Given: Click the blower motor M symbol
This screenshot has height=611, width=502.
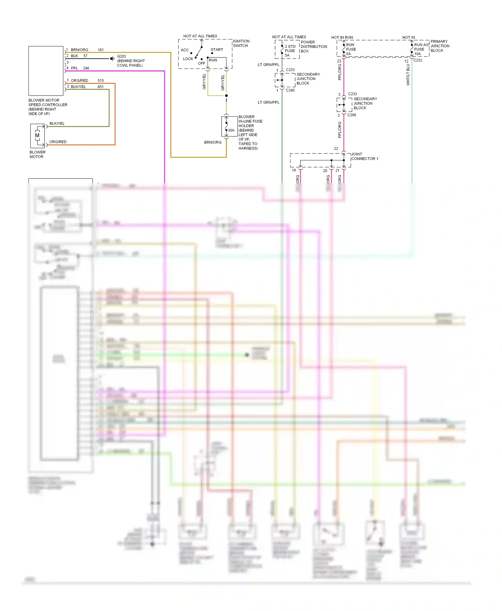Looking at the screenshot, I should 37,135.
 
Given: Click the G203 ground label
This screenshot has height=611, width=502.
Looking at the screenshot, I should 121,56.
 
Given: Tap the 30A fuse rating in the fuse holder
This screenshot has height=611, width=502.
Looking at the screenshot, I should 231,130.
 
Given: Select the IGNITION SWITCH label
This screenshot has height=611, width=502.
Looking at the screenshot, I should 241,43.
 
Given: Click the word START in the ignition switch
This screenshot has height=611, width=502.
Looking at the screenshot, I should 217,49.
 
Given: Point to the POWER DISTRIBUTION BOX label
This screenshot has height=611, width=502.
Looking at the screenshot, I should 314,46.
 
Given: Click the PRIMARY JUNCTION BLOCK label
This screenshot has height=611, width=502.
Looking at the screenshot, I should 440,46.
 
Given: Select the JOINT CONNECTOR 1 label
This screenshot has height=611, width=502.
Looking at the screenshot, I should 364,156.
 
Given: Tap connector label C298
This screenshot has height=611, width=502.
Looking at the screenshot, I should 351,115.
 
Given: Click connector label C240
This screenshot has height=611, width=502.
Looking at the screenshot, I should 290,90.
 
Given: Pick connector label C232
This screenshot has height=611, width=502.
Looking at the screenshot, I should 418,60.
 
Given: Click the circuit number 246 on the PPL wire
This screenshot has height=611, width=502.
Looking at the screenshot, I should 86,68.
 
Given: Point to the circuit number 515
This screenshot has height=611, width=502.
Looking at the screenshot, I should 100,81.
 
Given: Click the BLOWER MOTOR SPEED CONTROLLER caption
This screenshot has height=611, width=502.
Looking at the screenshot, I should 48,107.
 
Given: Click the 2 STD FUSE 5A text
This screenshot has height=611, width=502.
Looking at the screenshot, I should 290,51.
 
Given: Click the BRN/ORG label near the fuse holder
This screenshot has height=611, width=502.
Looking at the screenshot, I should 213,142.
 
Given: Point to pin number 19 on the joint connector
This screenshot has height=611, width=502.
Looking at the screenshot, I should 294,170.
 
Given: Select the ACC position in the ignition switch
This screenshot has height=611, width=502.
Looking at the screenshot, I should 185,50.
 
